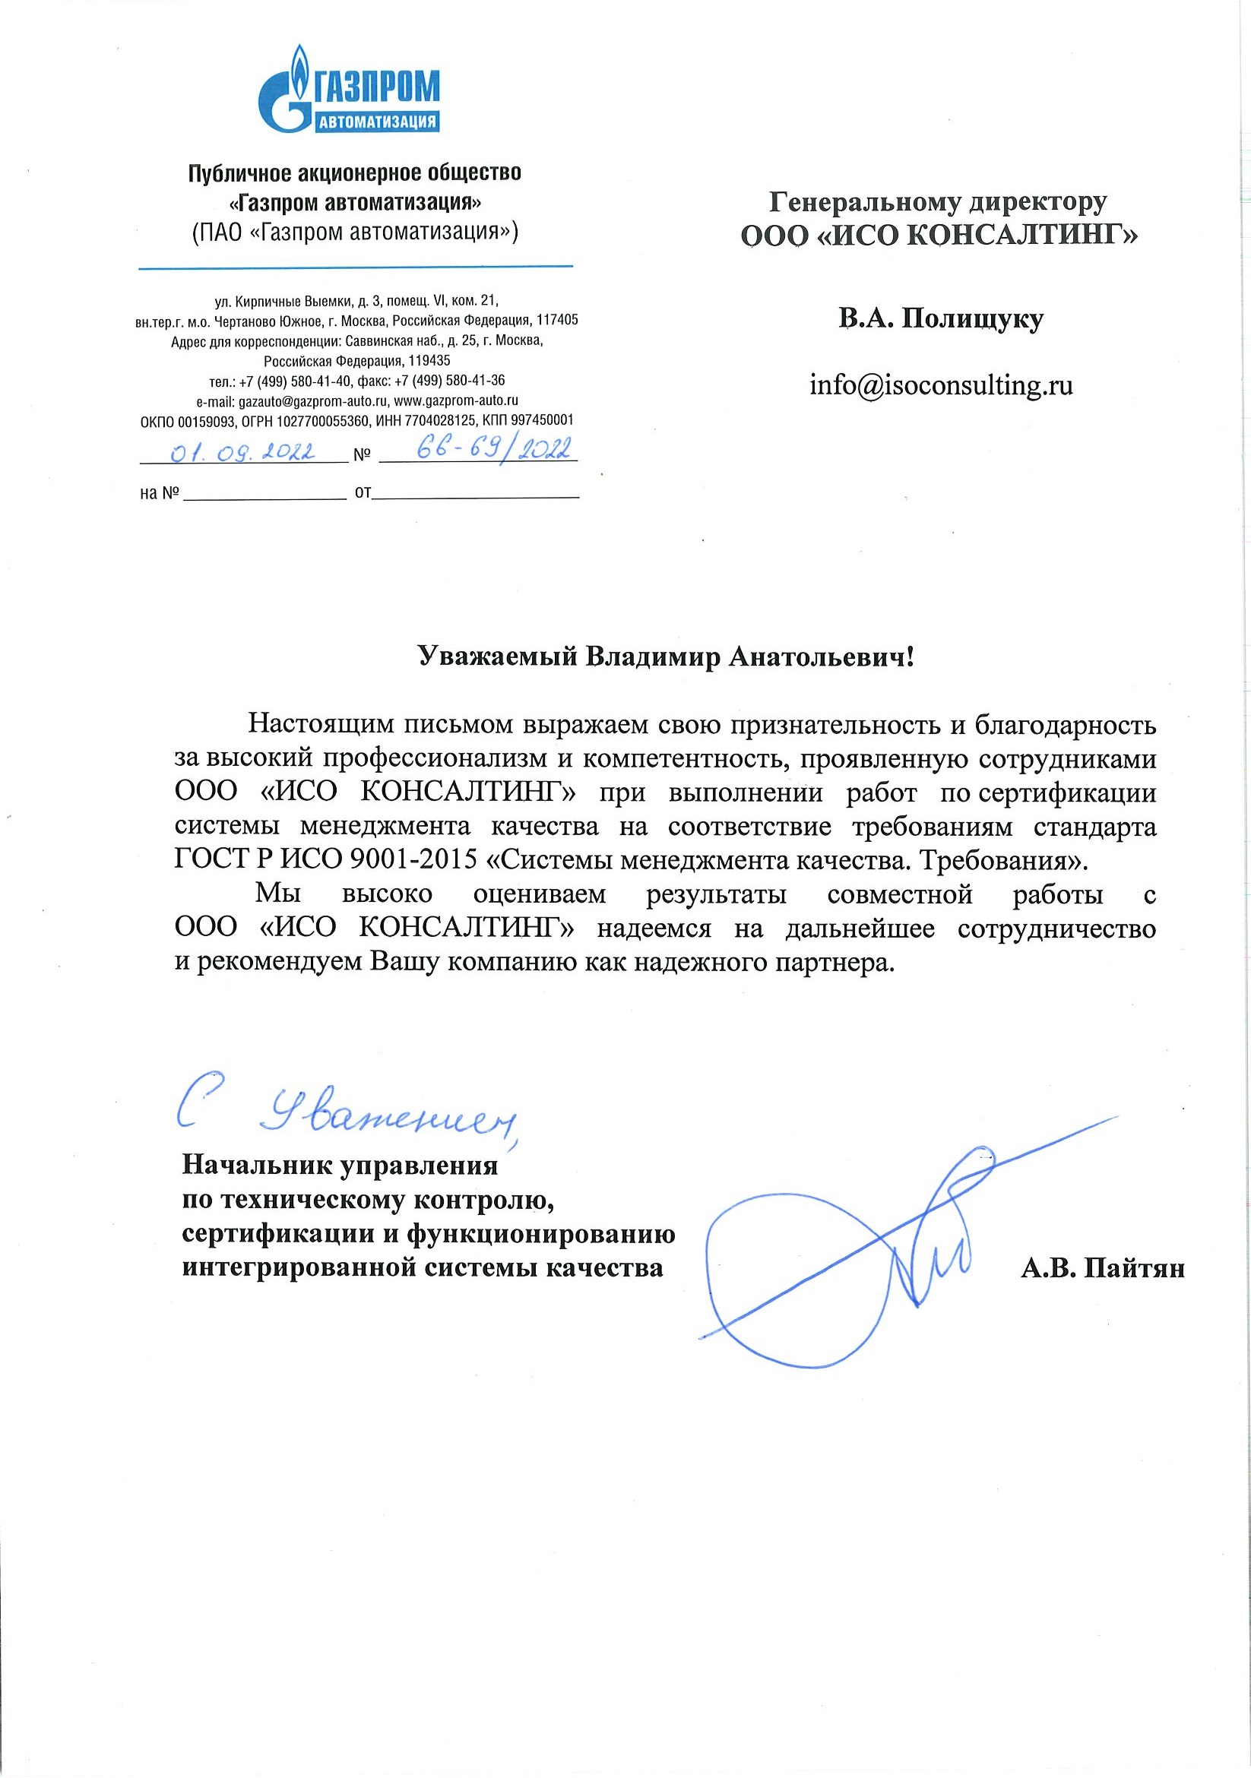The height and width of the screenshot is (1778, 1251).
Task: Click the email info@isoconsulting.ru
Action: pyautogui.click(x=941, y=385)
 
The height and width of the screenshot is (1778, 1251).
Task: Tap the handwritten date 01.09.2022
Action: pyautogui.click(x=242, y=452)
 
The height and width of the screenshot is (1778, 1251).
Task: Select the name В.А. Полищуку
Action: pyautogui.click(x=940, y=318)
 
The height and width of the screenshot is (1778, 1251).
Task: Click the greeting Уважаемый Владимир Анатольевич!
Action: pyautogui.click(x=667, y=656)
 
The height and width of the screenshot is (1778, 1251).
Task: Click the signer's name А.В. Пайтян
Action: pyautogui.click(x=1102, y=1267)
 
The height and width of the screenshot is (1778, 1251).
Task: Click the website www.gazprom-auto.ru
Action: pyautogui.click(x=456, y=401)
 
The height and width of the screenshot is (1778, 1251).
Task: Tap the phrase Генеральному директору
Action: pyautogui.click(x=938, y=202)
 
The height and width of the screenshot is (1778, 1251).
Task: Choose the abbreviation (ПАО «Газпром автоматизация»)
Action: pyautogui.click(x=355, y=233)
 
